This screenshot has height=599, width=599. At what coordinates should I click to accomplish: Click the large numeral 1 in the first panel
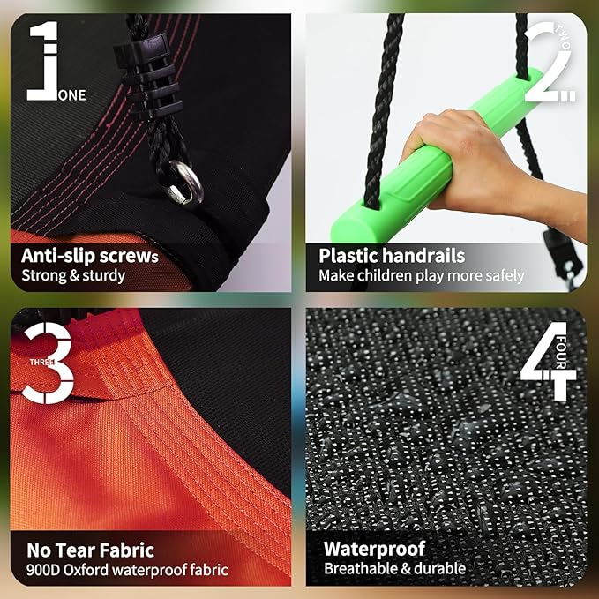[x=42, y=61]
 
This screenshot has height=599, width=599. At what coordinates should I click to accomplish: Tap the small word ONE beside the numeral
[x=71, y=95]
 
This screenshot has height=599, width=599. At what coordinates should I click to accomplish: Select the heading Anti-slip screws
[x=90, y=256]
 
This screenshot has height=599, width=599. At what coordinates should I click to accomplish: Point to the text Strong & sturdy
[x=73, y=276]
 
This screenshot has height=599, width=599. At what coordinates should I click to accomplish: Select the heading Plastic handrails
[x=392, y=256]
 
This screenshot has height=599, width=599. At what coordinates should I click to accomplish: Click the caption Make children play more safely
[x=422, y=276]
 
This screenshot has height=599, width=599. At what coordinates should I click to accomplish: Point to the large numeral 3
[x=48, y=363]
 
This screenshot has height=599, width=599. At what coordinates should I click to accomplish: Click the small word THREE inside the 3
[x=42, y=362]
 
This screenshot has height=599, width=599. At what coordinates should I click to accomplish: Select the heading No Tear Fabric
[x=91, y=550]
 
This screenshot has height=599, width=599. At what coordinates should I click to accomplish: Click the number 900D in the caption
[x=43, y=570]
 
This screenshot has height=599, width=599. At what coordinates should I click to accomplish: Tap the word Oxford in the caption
[x=86, y=570]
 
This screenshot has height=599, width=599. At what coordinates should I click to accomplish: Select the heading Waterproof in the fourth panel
[x=374, y=550]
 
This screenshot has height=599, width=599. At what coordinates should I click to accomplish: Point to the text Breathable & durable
[x=395, y=568]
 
